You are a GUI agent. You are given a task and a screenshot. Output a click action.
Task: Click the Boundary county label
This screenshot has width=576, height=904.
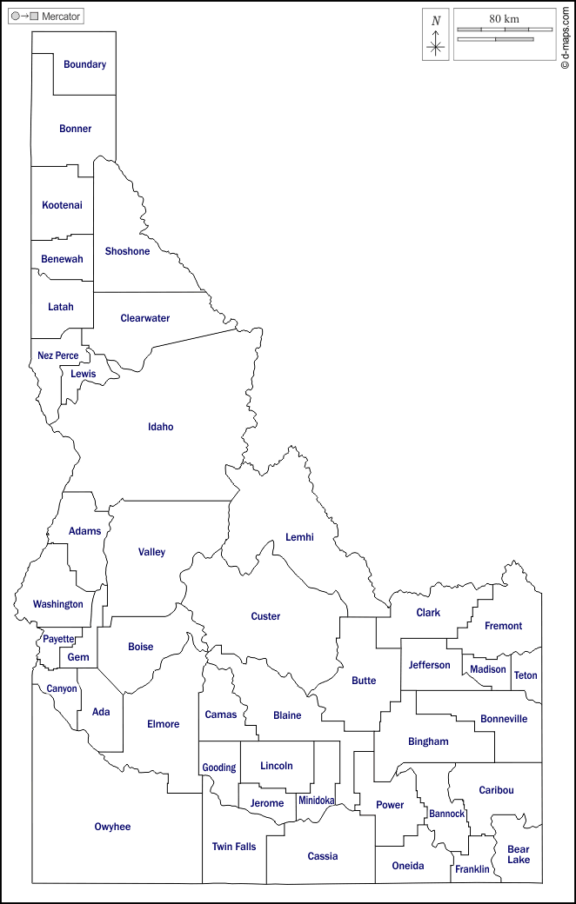[84, 64]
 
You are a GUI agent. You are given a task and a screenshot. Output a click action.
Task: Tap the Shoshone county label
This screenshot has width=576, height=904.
[127, 251]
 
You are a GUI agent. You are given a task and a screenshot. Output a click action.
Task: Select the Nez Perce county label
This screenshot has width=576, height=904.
[57, 356]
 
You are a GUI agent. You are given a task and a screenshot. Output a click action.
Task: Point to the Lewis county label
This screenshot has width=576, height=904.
[84, 374]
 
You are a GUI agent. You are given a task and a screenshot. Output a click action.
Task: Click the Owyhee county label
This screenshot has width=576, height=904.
[112, 827]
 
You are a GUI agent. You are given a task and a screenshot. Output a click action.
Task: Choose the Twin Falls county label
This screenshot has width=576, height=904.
[234, 846]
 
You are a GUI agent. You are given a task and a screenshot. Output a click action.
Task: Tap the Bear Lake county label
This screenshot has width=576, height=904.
[519, 854]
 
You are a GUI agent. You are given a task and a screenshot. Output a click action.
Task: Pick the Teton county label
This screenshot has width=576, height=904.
[526, 675]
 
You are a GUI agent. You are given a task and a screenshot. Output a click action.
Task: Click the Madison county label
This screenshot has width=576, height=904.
[488, 669]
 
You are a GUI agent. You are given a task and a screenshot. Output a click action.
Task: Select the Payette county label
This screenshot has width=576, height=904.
[59, 639]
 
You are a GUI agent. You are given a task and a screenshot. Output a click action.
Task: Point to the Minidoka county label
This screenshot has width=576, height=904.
[316, 800]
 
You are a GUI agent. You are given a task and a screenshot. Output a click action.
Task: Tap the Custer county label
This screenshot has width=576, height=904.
[265, 616]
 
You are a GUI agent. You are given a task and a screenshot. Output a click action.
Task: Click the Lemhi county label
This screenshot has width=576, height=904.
[299, 537]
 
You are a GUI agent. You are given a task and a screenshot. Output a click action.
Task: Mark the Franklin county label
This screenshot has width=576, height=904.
[472, 869]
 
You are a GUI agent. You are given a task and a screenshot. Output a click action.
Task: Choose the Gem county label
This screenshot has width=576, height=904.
[78, 657]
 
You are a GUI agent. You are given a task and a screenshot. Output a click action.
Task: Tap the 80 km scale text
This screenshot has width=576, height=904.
[504, 18]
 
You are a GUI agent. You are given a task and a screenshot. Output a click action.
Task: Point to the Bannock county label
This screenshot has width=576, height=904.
[446, 814]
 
